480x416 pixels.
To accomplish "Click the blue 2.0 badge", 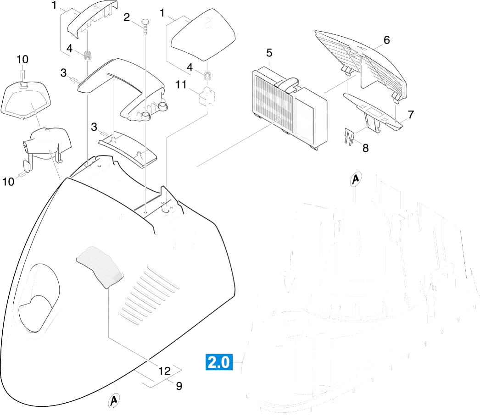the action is point(219,362).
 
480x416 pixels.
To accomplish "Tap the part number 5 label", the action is point(269,53).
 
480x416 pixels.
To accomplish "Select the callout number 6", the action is point(387,40).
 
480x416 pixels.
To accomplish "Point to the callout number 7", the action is point(411,114).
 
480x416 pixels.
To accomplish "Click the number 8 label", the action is point(366,148).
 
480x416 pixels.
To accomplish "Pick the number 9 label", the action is point(179,386).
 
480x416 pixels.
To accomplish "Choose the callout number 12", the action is point(164,371).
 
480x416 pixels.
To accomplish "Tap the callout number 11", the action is point(181,84).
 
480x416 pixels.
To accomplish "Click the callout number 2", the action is point(127,17).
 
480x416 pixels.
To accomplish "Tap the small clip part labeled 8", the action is point(349,136).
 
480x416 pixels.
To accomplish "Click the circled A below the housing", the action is point(114,400).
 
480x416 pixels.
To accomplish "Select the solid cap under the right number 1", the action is point(203,35).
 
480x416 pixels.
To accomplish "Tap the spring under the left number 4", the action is point(88,55).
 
